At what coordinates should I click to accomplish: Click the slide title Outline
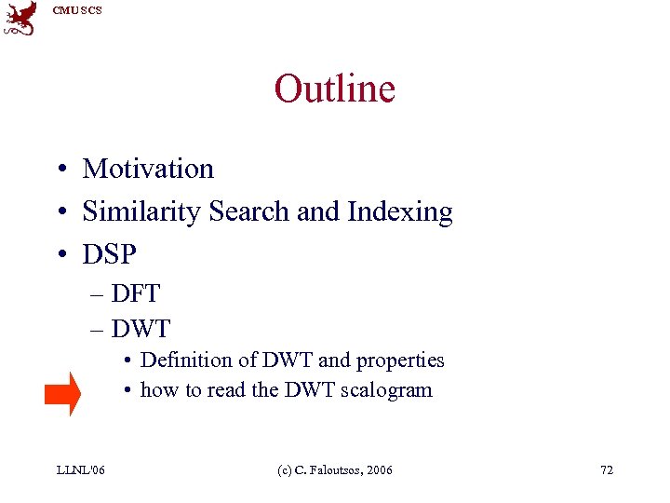pos(334,89)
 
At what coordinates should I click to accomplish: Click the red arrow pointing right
pos(62,393)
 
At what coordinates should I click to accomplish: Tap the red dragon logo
pos(20,18)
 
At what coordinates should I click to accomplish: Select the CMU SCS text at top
pos(77,10)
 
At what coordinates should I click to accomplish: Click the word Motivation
pos(148,169)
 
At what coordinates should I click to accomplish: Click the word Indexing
pos(400,212)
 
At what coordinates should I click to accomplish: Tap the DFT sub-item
pos(136,294)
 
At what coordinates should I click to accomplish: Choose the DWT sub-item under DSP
pos(141,329)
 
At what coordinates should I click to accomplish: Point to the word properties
pos(400,360)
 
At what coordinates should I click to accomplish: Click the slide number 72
pos(606,469)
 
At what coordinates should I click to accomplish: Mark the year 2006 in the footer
pos(380,469)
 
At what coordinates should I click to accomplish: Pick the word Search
pos(249,212)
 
